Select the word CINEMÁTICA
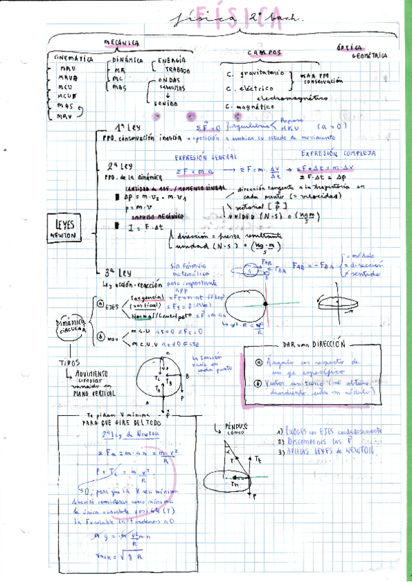coord(73,60)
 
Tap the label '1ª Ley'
coord(128,127)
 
